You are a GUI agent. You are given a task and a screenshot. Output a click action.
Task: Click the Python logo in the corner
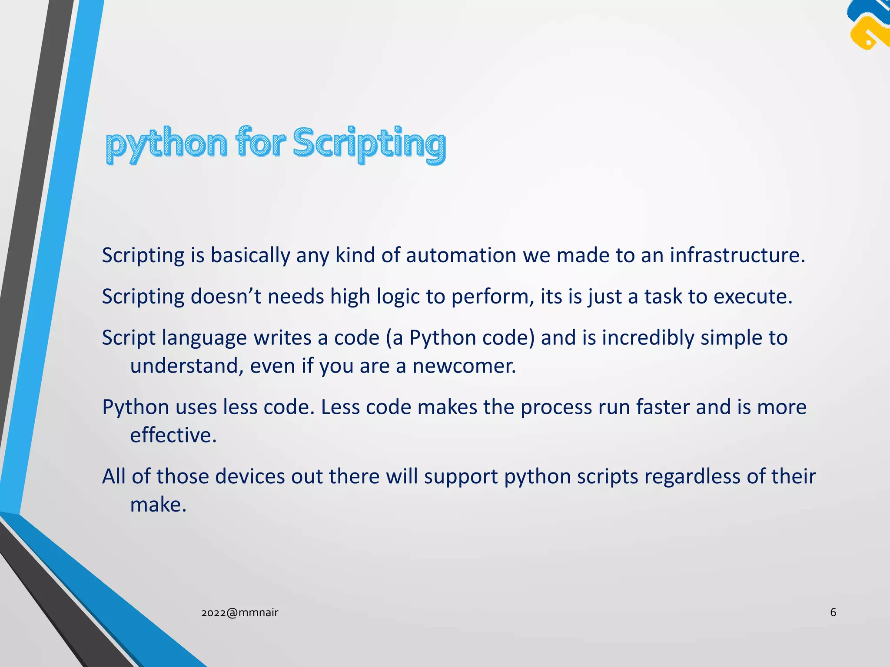point(868,25)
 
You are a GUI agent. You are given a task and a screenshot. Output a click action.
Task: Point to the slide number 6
point(833,612)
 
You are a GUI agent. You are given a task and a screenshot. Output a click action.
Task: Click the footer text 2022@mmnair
point(239,613)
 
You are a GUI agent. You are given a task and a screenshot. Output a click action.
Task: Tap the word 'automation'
point(461,255)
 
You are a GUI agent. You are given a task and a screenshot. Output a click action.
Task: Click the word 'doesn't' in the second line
point(226,297)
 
